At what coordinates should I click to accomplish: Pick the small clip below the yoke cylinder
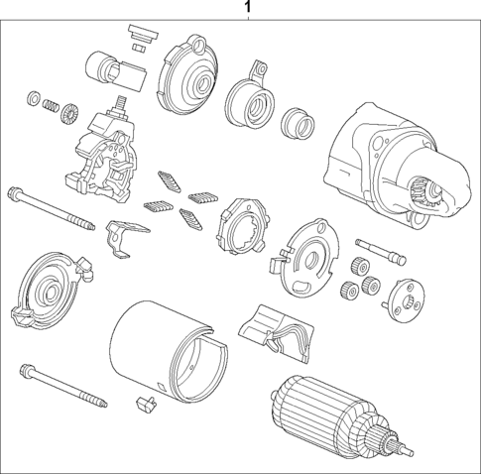click(145, 404)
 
